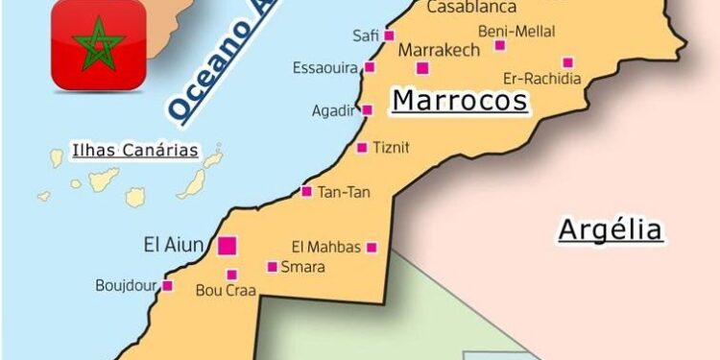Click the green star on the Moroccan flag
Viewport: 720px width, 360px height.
coord(97,48)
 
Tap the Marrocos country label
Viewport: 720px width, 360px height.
coord(460,101)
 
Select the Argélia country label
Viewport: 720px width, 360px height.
coord(611,229)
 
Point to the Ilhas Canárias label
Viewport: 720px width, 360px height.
coord(135,150)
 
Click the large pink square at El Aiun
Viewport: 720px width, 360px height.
coord(227,246)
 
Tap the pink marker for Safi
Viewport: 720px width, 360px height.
coord(389,36)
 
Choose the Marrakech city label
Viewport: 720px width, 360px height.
coord(438,50)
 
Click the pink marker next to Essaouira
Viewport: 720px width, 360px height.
coord(369,67)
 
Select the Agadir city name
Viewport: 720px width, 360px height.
coord(333,110)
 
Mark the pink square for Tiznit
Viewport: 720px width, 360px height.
coord(362,148)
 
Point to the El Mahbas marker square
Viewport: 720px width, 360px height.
coord(372,248)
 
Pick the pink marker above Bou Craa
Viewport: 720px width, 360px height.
coord(231,275)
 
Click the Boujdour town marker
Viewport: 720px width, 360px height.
coord(167,285)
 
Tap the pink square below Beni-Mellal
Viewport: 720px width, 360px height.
coord(567,62)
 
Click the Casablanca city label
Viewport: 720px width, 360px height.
coord(470,8)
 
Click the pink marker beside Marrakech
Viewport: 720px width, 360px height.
coord(422,67)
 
